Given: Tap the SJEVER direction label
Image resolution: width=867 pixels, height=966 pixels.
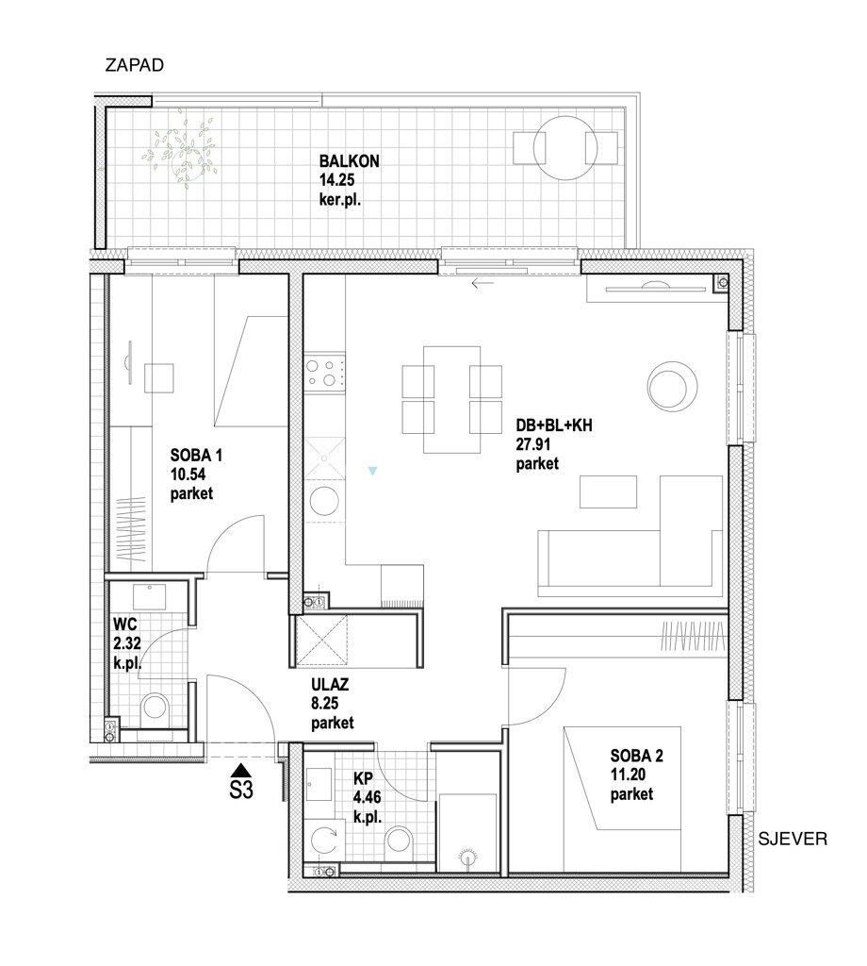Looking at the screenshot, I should point(795,839).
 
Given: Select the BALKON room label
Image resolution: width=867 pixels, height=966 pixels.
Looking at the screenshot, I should point(349,161).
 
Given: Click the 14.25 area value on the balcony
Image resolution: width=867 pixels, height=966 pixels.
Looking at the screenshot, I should point(338,180).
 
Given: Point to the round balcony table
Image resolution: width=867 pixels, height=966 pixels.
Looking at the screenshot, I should point(565,147).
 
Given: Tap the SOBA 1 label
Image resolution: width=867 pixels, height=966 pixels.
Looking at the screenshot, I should point(197,455).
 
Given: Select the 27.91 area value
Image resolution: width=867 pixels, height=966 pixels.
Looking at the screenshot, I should point(535,444).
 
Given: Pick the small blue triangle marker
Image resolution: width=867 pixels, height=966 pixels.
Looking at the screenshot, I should point(374,470).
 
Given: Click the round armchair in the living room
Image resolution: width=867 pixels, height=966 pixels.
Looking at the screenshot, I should point(673,386).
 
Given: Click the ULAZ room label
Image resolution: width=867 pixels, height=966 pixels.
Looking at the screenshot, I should point(332,687).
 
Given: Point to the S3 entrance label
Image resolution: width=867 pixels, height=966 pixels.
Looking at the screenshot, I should point(241,791).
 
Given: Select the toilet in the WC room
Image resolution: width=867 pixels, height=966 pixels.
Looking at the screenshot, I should point(155,708).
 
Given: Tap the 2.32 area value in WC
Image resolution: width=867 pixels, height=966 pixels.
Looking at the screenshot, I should point(127,643).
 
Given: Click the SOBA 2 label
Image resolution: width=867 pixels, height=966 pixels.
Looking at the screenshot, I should point(637,756).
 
